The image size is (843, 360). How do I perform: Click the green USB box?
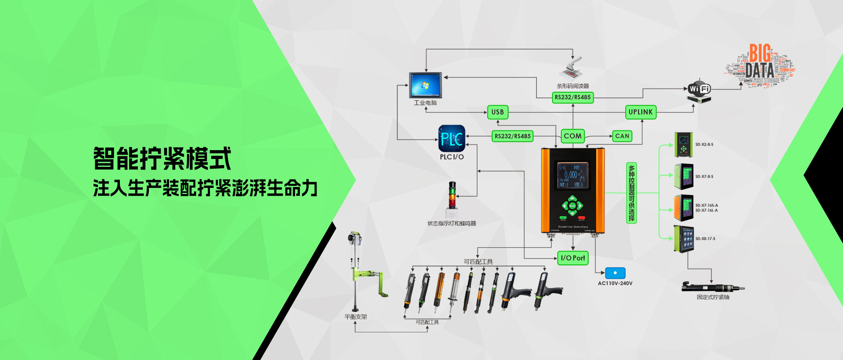[497, 112]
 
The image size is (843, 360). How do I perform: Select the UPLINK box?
[641, 112]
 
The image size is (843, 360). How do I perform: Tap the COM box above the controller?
[573, 136]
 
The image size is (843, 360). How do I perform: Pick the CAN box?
[622, 136]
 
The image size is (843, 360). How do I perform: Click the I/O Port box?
[573, 258]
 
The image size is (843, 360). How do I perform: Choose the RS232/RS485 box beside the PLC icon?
[512, 136]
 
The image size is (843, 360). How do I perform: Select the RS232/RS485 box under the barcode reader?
[573, 97]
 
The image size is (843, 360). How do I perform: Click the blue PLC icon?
[452, 139]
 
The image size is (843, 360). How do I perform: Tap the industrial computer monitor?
[425, 85]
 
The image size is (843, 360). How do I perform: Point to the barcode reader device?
[572, 68]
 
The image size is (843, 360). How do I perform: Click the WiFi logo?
[699, 89]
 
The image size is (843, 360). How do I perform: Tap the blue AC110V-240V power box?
[615, 273]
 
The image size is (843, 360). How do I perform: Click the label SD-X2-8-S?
[704, 144]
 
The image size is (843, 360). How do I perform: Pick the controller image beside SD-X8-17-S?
[684, 239]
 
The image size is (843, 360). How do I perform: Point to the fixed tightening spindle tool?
[712, 288]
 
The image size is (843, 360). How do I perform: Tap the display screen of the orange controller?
[573, 176]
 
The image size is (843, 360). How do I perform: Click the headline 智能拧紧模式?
[162, 158]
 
